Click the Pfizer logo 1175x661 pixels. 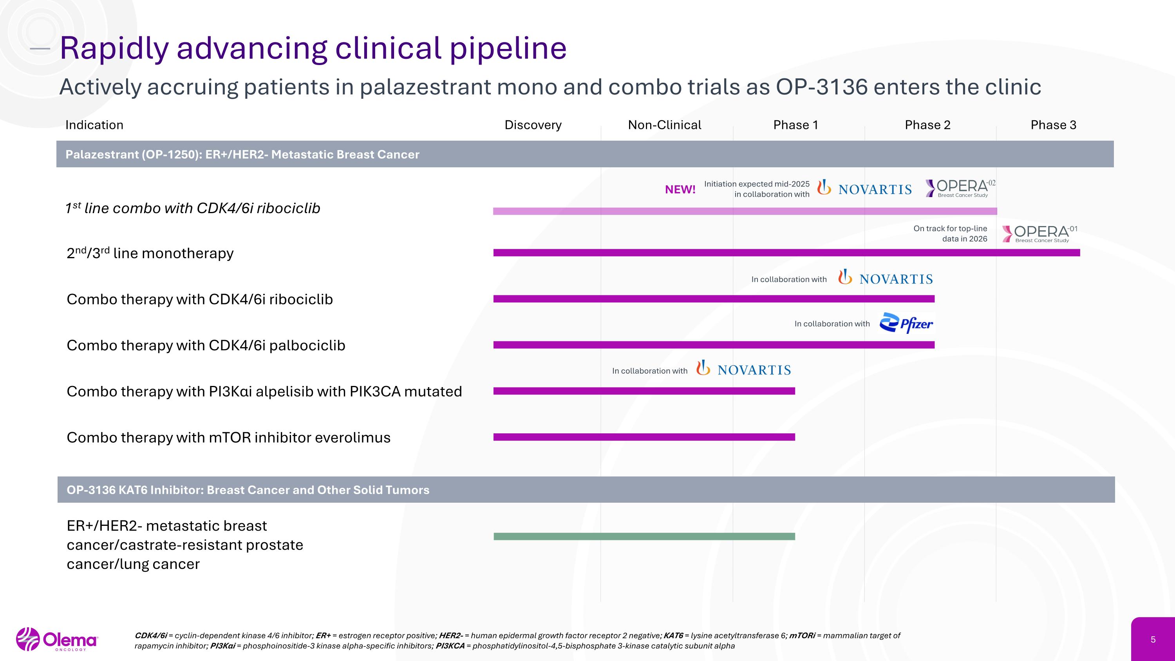pos(906,323)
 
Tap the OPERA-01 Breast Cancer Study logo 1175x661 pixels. pos(1039,234)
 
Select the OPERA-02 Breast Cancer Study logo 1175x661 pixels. pos(960,188)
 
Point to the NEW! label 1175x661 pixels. pos(680,189)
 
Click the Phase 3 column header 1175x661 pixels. pos(1053,125)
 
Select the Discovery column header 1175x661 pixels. pos(533,125)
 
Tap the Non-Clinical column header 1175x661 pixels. pos(665,125)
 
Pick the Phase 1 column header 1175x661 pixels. pos(795,125)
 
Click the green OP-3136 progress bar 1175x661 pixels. pos(644,536)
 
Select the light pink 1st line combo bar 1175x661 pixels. pos(745,211)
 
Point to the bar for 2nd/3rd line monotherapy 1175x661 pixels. pos(786,253)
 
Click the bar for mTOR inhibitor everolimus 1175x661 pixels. pos(644,437)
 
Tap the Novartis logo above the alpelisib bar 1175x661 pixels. pos(743,369)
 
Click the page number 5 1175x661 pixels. pos(1153,639)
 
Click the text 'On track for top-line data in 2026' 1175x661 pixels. pos(950,234)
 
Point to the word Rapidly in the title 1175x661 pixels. pos(114,48)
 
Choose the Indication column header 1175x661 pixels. pos(94,125)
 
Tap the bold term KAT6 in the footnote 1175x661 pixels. pos(673,636)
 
